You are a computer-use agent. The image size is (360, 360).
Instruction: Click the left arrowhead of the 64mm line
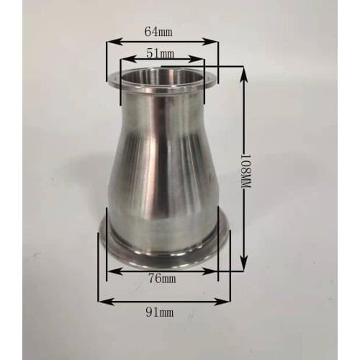pos(110,42)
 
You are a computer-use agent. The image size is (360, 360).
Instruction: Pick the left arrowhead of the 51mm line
pos(124,62)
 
